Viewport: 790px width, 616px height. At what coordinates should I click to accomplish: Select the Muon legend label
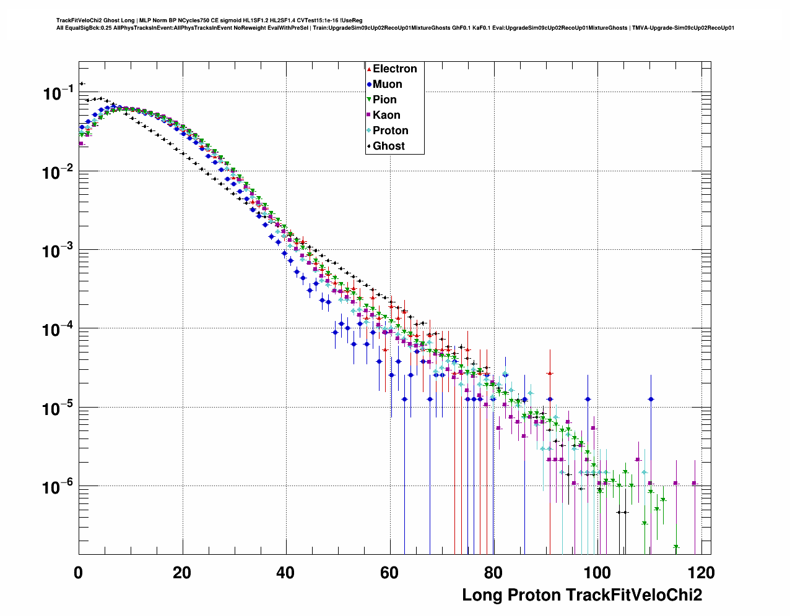(x=387, y=84)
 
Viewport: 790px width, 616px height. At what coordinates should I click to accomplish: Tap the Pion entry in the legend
(x=384, y=100)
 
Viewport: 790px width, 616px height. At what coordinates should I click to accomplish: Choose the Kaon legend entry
(x=386, y=115)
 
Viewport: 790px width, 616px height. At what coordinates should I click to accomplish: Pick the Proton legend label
(x=390, y=130)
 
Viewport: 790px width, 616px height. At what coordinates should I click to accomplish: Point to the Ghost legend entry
(x=388, y=146)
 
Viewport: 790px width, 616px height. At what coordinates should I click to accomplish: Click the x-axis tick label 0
(x=79, y=573)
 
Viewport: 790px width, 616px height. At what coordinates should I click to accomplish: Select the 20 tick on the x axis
(x=182, y=573)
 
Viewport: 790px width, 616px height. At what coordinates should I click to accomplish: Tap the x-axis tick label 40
(x=286, y=573)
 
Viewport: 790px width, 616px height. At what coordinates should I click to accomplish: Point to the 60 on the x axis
(x=389, y=573)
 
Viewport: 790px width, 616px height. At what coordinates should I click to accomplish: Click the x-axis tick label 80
(x=493, y=573)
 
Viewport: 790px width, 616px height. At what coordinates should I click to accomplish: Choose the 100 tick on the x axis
(x=597, y=573)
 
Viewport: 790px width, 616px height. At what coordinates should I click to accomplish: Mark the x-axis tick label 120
(x=701, y=573)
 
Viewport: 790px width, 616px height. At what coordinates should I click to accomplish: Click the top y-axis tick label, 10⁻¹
(x=58, y=93)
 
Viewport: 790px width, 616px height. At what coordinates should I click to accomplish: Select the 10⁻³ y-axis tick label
(x=58, y=251)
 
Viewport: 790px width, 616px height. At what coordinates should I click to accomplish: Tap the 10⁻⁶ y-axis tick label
(x=58, y=487)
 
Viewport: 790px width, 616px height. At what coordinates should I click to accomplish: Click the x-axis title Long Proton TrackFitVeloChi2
(x=582, y=595)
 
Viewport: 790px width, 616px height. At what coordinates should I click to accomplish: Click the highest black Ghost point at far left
(x=81, y=84)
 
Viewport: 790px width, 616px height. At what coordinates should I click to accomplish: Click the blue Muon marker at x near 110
(x=651, y=399)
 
